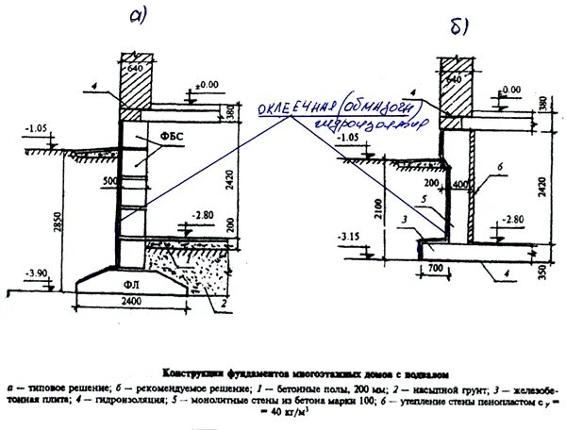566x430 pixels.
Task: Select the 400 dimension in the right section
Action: [x=461, y=185]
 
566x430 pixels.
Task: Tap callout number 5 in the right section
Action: [x=427, y=198]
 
